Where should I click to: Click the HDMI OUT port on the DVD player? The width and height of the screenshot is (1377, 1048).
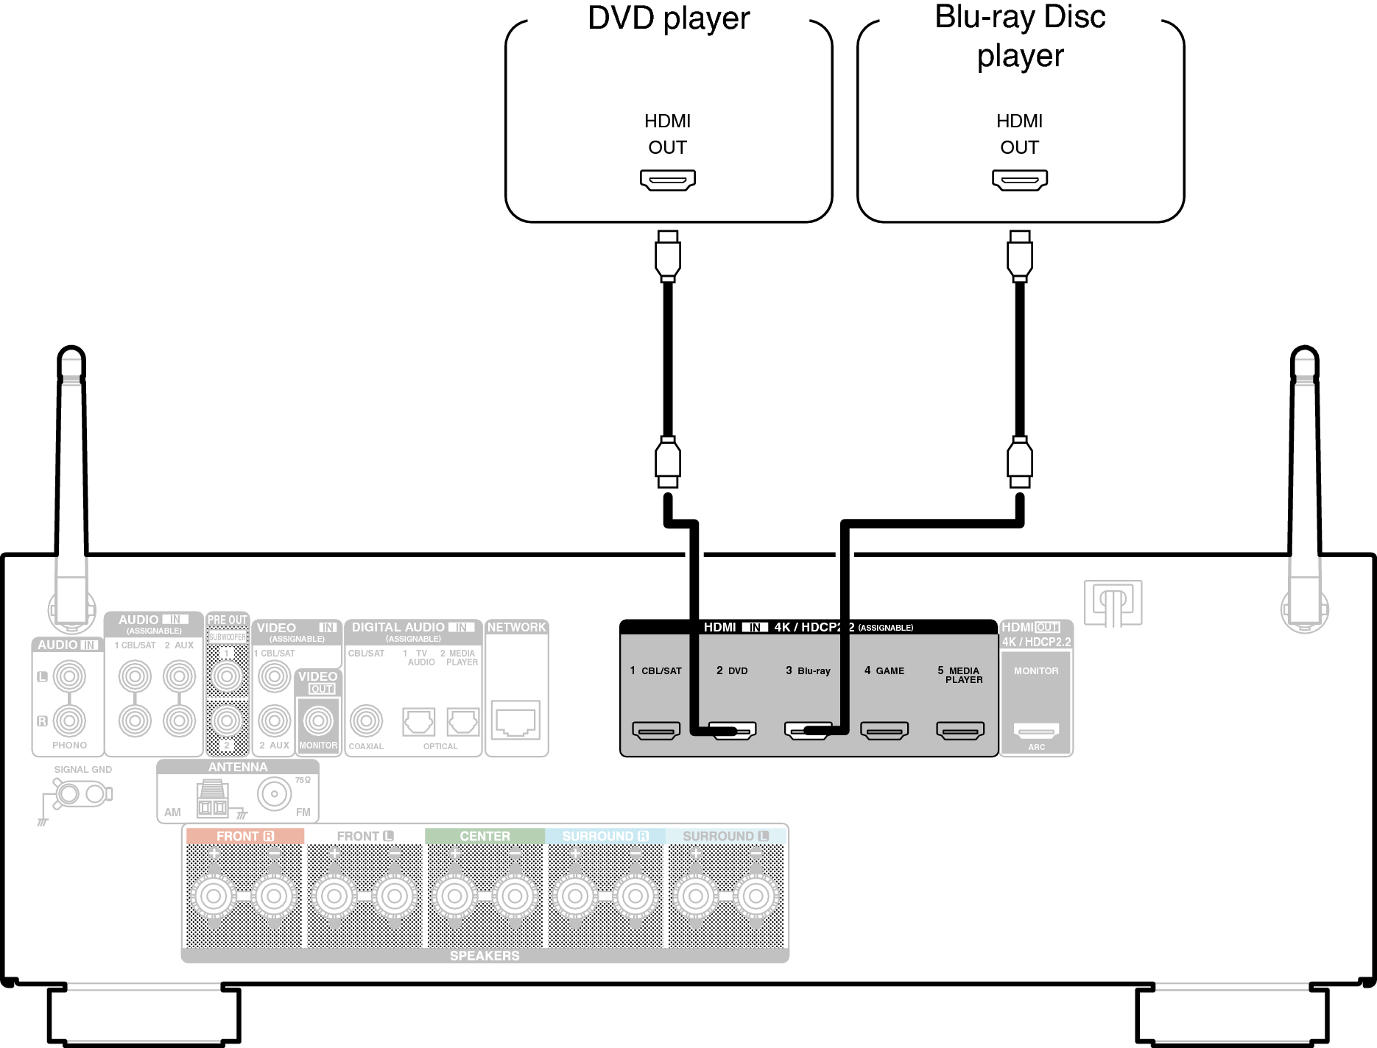667,180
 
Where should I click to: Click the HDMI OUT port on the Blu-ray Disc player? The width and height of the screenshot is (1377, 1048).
1019,180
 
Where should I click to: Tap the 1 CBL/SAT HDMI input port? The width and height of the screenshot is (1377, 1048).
655,730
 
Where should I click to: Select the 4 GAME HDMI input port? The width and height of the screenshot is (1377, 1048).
884,730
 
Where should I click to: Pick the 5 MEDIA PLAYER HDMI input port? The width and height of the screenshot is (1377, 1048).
959,730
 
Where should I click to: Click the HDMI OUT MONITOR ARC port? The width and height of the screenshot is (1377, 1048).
1036,730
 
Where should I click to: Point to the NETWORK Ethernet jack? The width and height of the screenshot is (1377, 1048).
516,720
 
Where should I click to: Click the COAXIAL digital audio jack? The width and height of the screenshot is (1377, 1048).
366,720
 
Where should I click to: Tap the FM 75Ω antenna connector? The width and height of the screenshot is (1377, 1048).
274,794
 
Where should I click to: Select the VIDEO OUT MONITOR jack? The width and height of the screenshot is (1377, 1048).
318,720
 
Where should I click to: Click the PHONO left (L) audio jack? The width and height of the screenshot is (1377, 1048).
69,676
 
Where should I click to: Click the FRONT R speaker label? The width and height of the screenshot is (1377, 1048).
244,836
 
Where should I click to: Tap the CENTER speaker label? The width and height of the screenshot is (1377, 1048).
485,836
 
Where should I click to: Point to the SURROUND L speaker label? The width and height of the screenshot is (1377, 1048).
725,836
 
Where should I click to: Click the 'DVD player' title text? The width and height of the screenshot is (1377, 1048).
669,18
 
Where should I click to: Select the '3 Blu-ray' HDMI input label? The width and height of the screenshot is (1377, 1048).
808,670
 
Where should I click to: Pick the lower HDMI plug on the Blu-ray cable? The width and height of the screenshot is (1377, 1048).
1019,461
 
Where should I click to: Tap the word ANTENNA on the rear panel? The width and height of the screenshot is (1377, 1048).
237,767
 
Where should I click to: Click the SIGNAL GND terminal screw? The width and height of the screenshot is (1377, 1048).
68,794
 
